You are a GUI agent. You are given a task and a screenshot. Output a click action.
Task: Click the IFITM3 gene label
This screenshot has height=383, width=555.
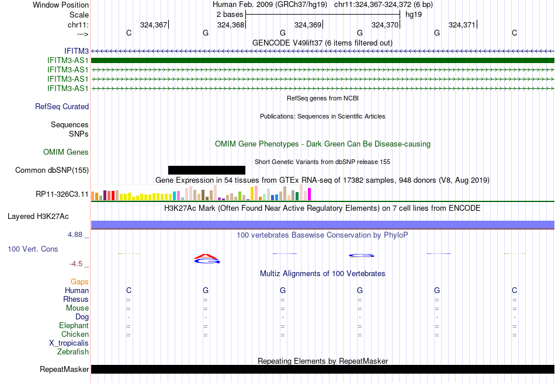(x=77, y=51)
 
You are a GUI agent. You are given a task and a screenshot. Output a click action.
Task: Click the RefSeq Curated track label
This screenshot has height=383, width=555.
(x=62, y=106)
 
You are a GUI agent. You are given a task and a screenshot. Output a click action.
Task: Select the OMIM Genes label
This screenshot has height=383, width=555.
(x=66, y=152)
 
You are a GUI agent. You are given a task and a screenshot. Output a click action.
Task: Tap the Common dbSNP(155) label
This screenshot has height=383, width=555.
(x=52, y=170)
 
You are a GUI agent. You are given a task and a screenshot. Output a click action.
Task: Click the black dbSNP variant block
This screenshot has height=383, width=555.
(x=207, y=170)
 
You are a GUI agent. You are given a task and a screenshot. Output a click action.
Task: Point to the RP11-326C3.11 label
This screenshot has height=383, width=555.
(x=62, y=194)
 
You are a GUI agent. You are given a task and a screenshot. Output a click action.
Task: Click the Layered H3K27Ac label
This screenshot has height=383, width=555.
(x=38, y=217)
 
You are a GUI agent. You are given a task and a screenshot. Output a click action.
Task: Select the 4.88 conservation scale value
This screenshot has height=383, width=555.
(x=75, y=235)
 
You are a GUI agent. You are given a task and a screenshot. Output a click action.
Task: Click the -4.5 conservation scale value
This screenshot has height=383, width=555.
(x=76, y=264)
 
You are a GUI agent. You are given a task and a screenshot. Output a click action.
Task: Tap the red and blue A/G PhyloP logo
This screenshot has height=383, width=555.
(x=207, y=259)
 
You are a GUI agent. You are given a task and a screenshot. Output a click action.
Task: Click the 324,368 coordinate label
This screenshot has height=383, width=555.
(x=231, y=25)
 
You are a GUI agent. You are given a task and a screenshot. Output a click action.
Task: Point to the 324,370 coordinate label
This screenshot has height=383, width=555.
(x=385, y=25)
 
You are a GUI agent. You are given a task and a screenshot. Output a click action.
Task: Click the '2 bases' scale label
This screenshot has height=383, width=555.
(x=230, y=15)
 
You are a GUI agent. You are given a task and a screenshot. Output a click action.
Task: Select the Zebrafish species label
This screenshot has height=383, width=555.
(x=73, y=352)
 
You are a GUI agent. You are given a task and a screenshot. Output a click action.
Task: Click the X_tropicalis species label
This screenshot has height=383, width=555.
(x=69, y=343)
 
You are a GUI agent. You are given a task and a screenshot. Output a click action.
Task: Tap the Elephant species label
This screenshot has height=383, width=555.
(x=74, y=325)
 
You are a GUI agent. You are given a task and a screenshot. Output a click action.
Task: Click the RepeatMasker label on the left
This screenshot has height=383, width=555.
(x=64, y=369)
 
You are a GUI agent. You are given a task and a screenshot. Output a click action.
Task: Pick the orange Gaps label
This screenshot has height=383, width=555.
(x=79, y=281)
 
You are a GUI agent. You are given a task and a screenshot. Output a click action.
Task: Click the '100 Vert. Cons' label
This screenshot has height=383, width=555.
(x=33, y=249)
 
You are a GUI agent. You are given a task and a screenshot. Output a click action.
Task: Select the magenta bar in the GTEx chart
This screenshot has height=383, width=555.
(x=310, y=194)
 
